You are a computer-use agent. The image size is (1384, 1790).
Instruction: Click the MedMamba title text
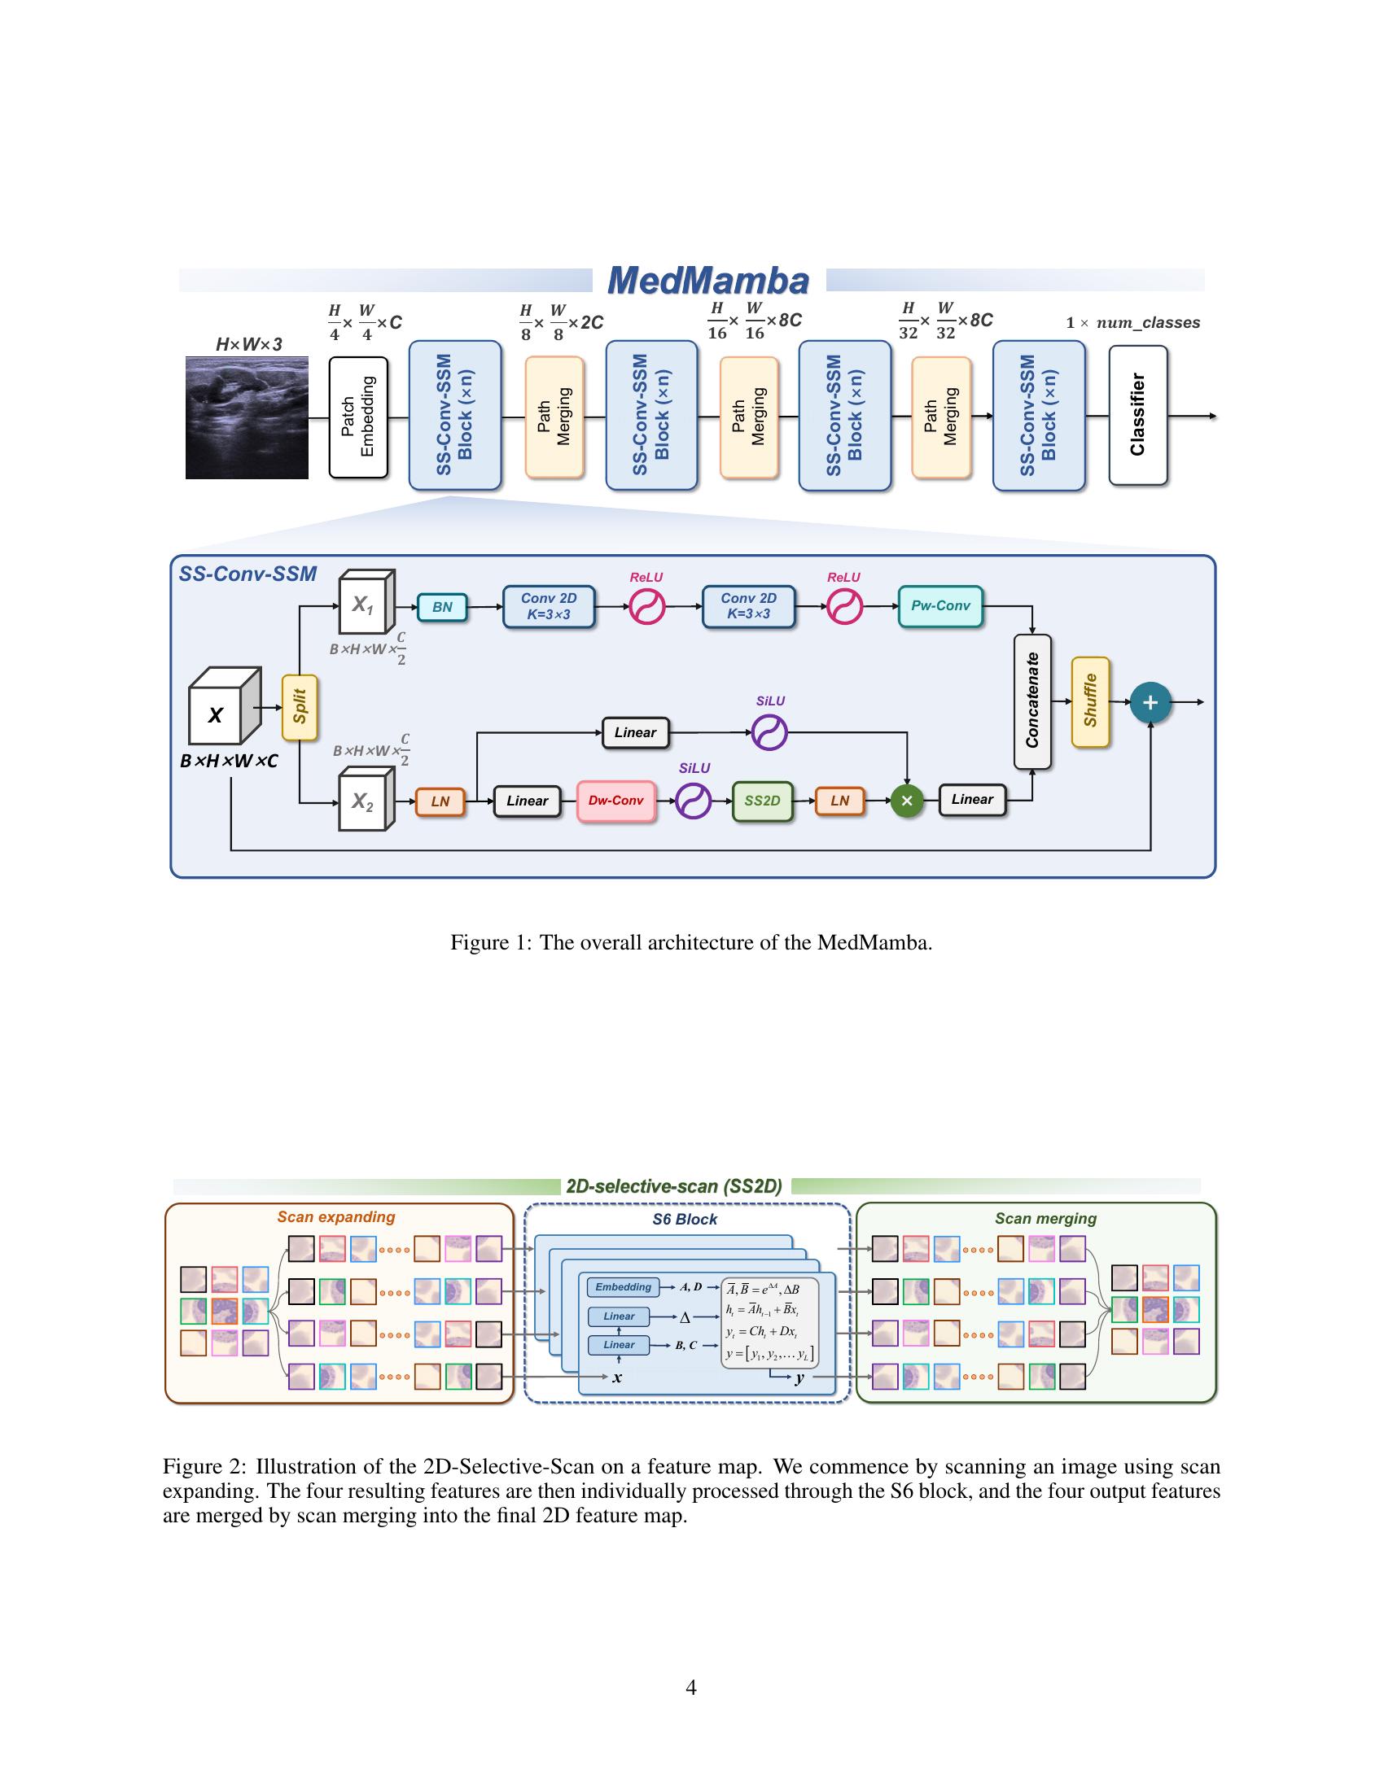coord(707,281)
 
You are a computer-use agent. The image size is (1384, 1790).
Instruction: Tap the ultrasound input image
coord(247,417)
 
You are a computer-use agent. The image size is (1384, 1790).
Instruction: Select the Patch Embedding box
coord(358,417)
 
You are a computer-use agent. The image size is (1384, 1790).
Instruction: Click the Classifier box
coord(1137,415)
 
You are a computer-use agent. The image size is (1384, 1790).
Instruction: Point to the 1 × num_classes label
coord(1132,323)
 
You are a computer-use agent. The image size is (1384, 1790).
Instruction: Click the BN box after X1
coord(442,607)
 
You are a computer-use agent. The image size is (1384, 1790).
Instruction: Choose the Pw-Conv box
coord(939,606)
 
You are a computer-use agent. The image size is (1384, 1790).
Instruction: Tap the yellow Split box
coord(300,706)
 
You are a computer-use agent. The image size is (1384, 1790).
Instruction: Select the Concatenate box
coord(1032,701)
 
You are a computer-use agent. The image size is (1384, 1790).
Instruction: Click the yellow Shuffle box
coord(1089,701)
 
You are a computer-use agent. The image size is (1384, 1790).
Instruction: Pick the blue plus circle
coord(1150,702)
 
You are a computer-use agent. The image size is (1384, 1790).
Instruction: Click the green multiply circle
coord(906,801)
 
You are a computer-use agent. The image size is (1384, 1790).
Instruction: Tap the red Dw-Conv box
coord(615,801)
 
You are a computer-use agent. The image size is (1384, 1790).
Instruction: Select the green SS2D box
coord(762,801)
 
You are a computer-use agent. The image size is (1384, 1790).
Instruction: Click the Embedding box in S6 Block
coord(623,1288)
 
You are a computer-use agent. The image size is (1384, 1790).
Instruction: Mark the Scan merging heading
coord(1045,1219)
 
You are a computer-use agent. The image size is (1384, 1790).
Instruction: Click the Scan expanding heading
coord(335,1217)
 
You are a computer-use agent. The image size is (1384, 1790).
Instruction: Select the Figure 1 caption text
coord(691,942)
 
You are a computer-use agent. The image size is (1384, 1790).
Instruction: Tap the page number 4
coord(691,1687)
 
